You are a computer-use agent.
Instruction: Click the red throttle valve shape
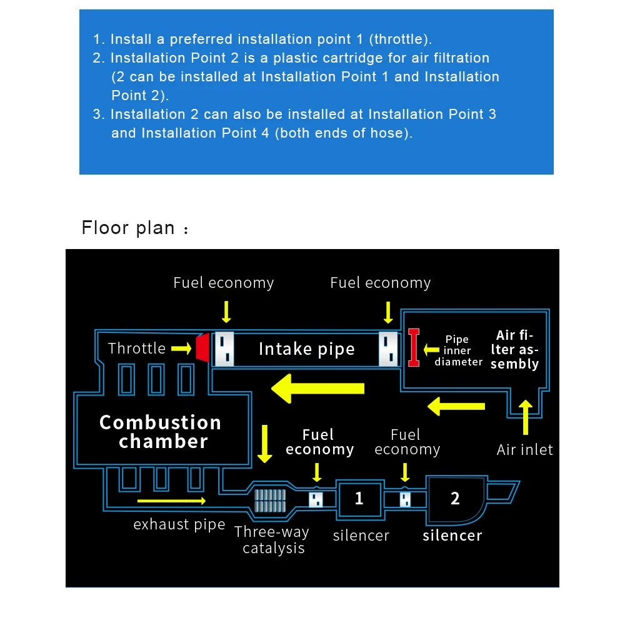coord(202,348)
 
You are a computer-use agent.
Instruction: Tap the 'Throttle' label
coord(137,348)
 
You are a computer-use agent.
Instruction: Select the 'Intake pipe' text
coord(306,349)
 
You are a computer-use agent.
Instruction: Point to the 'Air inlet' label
coord(524,449)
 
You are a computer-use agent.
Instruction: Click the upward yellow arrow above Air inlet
coord(526,417)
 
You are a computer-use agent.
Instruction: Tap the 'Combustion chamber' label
coord(161,432)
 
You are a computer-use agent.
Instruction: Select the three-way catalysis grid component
coord(269,499)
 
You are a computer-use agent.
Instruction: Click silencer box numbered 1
coord(359,499)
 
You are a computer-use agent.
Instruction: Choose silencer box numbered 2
coord(454,499)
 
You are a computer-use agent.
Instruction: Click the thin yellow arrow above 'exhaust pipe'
coord(171,500)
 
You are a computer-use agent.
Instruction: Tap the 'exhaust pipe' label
coord(179,524)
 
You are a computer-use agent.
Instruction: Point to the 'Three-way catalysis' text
coord(272,540)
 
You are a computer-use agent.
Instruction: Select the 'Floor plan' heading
coord(129,227)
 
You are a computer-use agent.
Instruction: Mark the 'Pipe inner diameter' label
coord(458,350)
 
